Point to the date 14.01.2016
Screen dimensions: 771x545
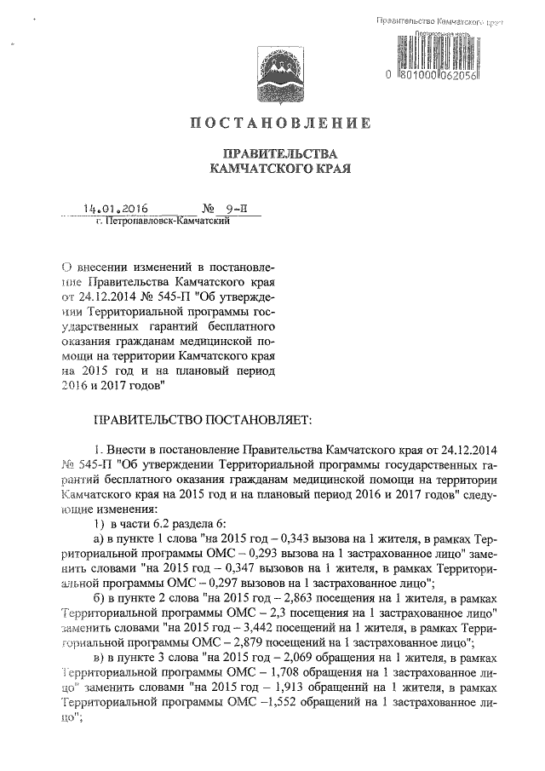pyautogui.click(x=117, y=208)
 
